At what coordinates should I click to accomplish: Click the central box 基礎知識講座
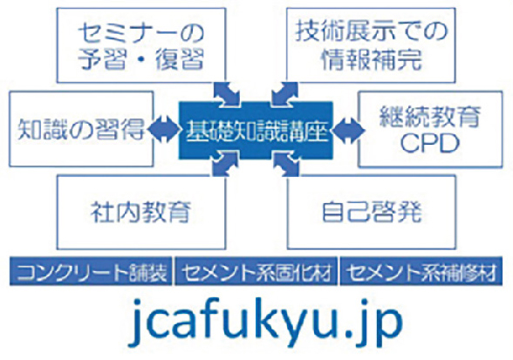(x=256, y=131)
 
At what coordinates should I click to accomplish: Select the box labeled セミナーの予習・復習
(x=141, y=45)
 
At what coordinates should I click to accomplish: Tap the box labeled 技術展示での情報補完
(x=371, y=45)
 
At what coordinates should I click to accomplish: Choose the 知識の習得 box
(x=81, y=129)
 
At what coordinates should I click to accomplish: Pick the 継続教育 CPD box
(x=430, y=130)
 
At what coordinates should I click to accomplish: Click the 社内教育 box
(x=141, y=213)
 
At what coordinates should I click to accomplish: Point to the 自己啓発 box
(x=372, y=213)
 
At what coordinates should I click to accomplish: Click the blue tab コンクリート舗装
(x=91, y=271)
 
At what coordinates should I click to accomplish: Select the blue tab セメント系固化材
(x=256, y=271)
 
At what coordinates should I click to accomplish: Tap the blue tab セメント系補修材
(x=421, y=271)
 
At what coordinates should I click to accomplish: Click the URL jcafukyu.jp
(x=265, y=322)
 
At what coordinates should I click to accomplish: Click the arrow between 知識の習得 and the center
(x=165, y=130)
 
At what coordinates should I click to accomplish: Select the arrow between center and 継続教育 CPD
(x=348, y=130)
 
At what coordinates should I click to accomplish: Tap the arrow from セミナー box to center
(x=227, y=94)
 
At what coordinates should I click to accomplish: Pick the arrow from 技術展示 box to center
(x=284, y=94)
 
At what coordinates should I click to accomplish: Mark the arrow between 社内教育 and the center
(x=226, y=164)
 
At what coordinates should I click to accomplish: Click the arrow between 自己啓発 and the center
(x=285, y=164)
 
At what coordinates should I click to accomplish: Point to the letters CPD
(x=430, y=143)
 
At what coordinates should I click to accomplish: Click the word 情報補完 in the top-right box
(x=371, y=59)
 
